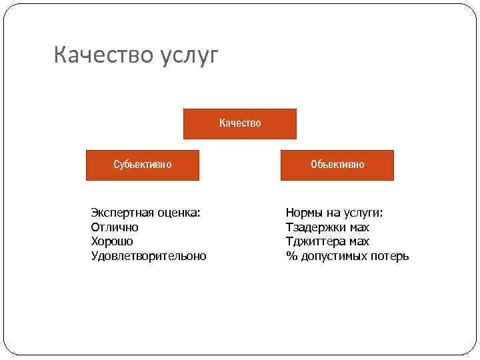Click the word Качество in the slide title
pos(103,55)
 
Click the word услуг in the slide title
pos(189,57)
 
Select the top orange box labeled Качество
pos(240,123)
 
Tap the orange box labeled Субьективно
pos(143,165)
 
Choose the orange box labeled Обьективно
pos(337,165)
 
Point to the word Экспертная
pos(122,213)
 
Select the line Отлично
pos(115,227)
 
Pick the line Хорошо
pos(112,241)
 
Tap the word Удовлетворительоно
pos(149,256)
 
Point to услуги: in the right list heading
pos(363,213)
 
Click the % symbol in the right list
pos(290,256)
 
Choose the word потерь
pos(391,256)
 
